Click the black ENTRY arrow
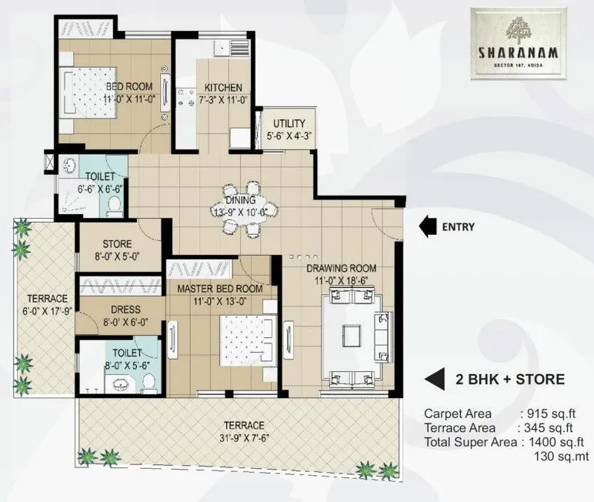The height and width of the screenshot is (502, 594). pyautogui.click(x=425, y=226)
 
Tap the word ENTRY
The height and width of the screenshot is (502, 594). pyautogui.click(x=458, y=227)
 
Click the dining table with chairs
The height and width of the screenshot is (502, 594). pyautogui.click(x=241, y=208)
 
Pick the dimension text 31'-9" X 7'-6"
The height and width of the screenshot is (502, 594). pyautogui.click(x=244, y=439)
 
